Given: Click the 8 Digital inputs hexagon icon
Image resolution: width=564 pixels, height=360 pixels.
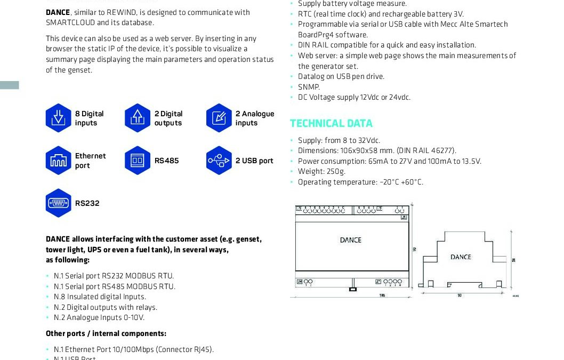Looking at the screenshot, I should coord(58,118).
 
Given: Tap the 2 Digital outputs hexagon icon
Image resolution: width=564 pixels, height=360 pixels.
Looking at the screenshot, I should coord(138,118).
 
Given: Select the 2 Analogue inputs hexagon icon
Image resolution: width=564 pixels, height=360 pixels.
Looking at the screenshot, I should coord(219,118).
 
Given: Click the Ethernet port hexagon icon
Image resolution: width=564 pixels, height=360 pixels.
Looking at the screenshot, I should coord(58,161).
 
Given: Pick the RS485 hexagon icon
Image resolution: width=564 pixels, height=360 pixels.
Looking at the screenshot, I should coord(138,161).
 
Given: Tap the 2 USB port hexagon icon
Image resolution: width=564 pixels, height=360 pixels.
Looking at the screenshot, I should coord(219,161).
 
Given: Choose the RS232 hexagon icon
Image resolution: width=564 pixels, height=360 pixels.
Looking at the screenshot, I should coord(58,203).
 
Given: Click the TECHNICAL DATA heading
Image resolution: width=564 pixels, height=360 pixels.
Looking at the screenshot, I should coord(331,124).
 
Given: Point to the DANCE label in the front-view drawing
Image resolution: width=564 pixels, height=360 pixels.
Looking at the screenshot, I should coord(350,240).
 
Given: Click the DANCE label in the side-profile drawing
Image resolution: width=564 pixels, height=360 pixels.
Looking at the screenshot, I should coord(461,257).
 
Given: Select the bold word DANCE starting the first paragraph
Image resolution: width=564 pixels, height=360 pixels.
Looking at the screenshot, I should coord(57,12).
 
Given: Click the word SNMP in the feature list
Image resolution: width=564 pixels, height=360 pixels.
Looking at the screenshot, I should coord(309,87).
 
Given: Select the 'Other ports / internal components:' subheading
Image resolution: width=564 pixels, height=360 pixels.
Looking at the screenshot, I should coord(106,333).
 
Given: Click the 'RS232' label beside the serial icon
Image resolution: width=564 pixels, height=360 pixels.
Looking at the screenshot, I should coord(87,203).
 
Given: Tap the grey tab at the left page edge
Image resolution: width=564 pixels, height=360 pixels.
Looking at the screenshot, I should coord(10,85).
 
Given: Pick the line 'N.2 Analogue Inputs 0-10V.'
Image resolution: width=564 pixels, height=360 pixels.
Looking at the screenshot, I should coord(99,317).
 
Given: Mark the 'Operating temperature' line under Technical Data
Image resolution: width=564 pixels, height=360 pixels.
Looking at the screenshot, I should coord(360,182).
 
